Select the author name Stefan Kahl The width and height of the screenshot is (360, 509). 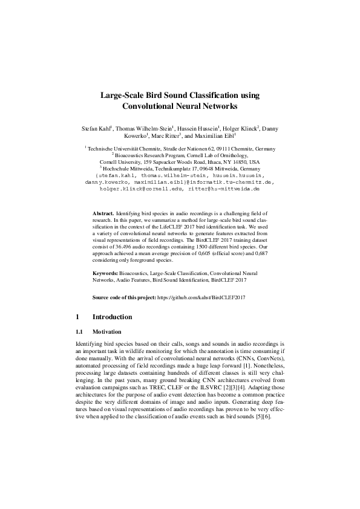pos(96,129)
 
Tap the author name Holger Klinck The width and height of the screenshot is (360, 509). pos(241,129)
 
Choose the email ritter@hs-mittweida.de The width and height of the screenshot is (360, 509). pos(223,189)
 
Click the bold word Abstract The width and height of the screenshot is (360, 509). pos(103,214)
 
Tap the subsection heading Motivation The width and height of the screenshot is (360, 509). pos(107,332)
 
